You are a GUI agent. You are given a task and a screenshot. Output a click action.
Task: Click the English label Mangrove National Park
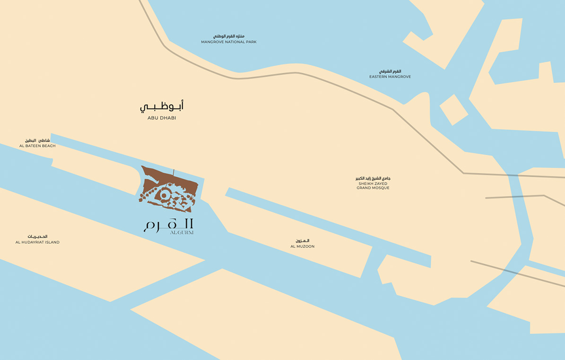coord(228,42)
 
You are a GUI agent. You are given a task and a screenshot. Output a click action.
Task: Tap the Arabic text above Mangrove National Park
coord(229,36)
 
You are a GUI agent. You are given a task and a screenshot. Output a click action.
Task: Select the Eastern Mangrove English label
coord(390,77)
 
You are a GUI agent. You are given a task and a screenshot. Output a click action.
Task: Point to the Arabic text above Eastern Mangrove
coord(390,71)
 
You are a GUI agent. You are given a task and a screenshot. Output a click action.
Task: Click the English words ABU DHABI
coord(162,118)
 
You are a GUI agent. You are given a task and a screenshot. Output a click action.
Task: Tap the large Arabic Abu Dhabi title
coord(162,106)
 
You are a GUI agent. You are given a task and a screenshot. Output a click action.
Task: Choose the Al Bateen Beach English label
coord(37,146)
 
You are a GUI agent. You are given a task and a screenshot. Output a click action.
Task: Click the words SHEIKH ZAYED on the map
coord(373,183)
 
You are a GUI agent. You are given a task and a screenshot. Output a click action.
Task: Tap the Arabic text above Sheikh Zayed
coord(373,178)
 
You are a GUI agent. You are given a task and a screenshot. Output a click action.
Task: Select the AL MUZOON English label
coord(303,247)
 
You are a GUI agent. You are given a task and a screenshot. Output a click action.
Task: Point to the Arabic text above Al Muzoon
coord(303,241)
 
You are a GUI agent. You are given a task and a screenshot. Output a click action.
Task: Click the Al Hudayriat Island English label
coord(37,242)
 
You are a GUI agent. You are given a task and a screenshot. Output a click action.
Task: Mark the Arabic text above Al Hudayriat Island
coord(37,236)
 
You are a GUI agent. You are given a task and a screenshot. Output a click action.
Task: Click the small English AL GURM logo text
coord(182,232)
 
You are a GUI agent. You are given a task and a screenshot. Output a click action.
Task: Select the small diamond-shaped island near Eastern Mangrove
coord(453,110)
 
